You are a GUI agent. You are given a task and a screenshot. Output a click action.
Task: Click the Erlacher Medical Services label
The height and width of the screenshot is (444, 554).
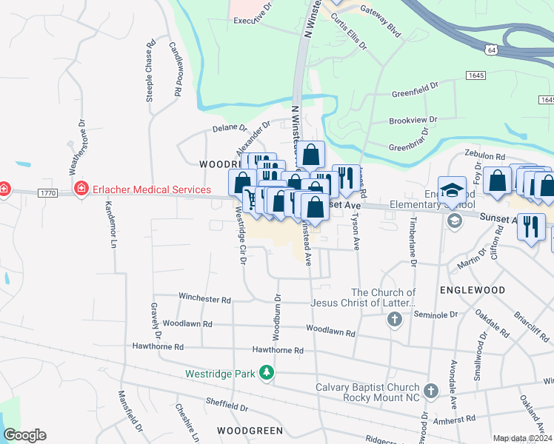[x=152, y=189]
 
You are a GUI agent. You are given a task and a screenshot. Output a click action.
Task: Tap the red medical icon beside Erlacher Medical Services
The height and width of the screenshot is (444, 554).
[x=81, y=190]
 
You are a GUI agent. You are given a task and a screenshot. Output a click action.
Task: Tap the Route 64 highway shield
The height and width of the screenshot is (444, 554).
[x=491, y=48]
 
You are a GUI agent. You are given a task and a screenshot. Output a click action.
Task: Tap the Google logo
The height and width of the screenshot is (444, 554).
[x=24, y=435]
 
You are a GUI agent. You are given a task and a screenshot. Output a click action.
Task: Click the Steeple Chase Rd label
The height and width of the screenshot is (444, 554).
[x=150, y=75]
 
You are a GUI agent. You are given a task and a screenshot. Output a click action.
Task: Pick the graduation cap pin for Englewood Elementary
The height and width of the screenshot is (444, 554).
[x=452, y=190]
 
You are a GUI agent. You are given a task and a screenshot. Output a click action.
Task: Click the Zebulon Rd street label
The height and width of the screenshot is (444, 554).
[x=484, y=157]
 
